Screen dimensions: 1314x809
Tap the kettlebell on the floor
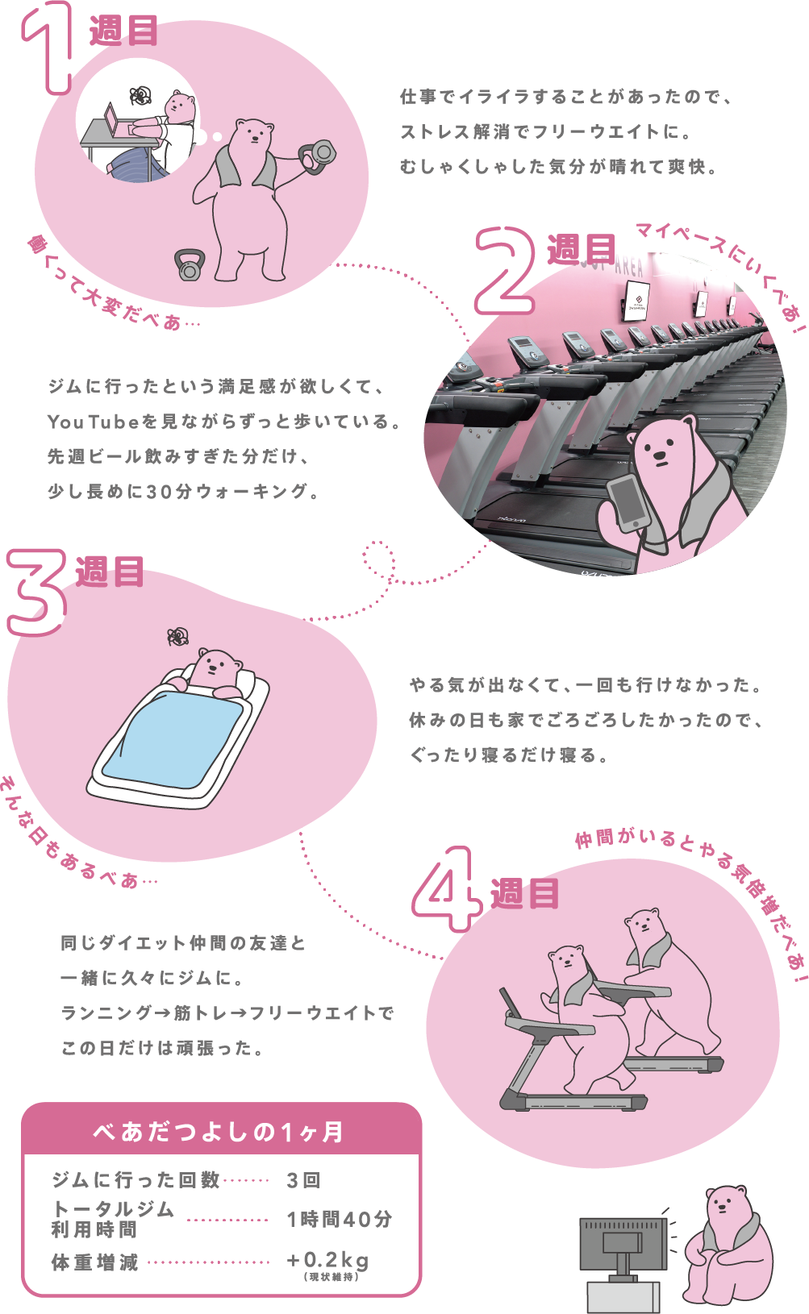coord(190,265)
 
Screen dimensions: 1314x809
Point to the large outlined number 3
coord(36,592)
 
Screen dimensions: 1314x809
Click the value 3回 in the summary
coord(304,1181)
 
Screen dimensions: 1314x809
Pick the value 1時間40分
coord(339,1220)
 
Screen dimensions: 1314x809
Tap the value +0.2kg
coord(327,1260)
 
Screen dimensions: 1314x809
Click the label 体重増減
coord(95,1262)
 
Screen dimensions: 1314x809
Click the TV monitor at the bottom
coord(623,1242)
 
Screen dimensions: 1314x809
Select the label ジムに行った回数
coord(136,1180)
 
